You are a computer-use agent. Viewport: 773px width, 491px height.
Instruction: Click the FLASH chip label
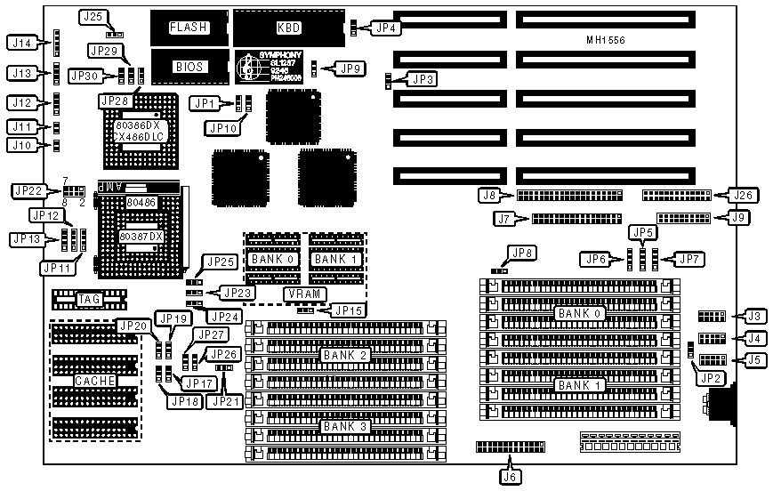189,28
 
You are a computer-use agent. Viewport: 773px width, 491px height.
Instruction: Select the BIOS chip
189,66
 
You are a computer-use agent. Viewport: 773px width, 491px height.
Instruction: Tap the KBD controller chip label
289,28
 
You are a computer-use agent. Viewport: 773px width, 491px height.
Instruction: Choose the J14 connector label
22,42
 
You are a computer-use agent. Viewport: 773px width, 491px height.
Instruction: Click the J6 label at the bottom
510,476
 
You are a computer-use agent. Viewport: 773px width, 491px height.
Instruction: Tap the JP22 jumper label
28,190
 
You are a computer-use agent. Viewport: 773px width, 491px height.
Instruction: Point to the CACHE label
93,381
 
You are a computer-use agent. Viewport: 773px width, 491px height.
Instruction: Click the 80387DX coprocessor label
142,237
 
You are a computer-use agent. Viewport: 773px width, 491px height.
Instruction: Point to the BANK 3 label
342,426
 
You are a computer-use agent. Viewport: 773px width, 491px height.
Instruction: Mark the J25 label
94,17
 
